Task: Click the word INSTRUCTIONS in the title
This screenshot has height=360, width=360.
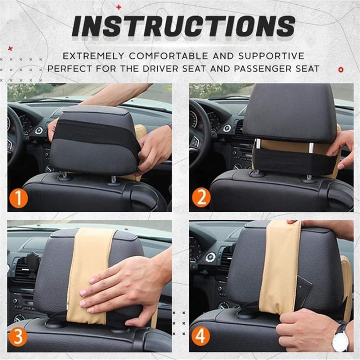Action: [x=184, y=27]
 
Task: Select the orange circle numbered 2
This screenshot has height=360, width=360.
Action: [x=201, y=197]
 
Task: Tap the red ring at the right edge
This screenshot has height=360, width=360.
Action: [x=341, y=69]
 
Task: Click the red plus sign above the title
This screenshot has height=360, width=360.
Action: [x=119, y=7]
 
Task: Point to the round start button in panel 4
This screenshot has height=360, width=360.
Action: [x=211, y=257]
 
